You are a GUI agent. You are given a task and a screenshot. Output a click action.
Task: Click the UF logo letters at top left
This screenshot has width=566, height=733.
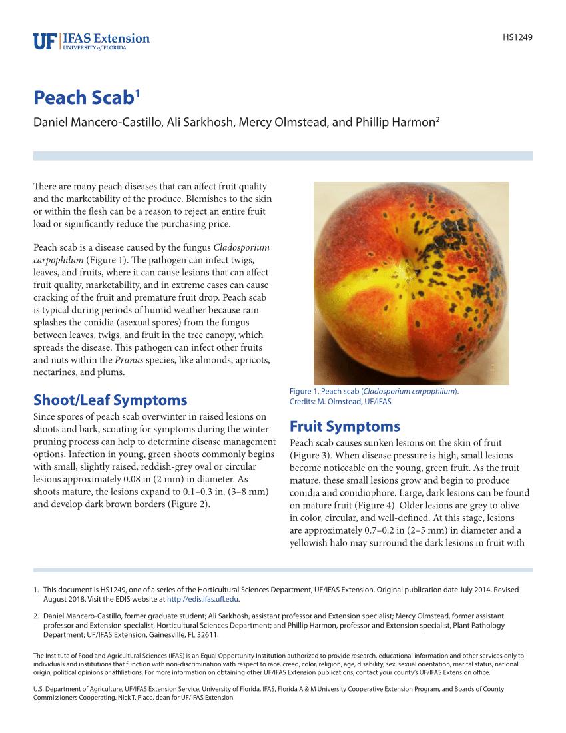(45, 42)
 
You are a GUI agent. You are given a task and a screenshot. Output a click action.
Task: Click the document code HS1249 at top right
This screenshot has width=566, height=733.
(517, 37)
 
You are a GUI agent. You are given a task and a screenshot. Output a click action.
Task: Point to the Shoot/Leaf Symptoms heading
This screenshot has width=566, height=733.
(110, 400)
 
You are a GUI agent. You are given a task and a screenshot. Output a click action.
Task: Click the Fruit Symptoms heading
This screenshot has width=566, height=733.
(345, 426)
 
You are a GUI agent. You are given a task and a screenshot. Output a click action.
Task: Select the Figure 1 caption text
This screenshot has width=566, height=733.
(374, 392)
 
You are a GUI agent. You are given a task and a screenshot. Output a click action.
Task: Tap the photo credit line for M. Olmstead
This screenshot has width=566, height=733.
(340, 402)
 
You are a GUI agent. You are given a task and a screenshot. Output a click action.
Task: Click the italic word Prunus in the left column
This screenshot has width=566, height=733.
(128, 361)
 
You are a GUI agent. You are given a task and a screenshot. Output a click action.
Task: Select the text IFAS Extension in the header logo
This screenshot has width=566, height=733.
(107, 39)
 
